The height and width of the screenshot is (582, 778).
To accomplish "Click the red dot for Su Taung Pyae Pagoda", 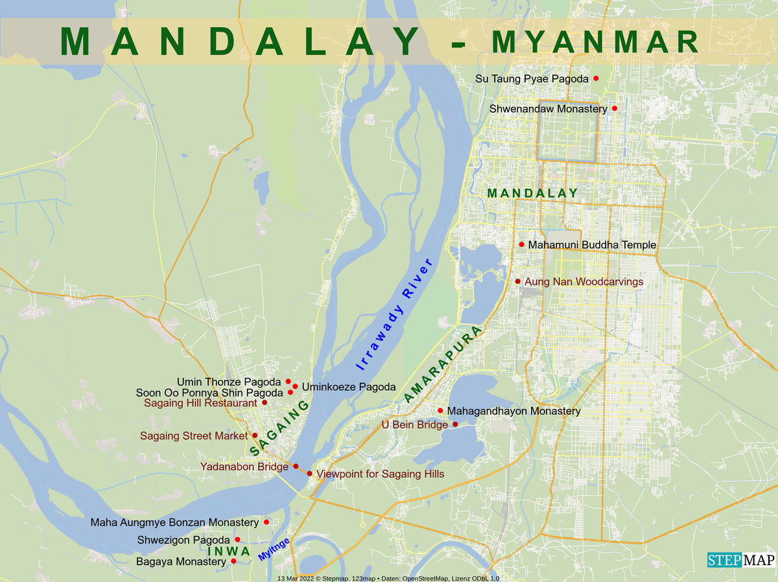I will (596, 78).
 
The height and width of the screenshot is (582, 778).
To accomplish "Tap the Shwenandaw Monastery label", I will (548, 109).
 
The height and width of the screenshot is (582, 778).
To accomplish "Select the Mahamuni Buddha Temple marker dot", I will (521, 244).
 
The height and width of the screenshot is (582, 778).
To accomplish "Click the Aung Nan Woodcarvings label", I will (583, 282).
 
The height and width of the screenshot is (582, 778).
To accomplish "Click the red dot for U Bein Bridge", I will (455, 425).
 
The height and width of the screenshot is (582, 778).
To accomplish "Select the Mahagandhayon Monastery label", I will (513, 412).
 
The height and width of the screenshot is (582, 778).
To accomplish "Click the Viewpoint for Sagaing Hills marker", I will (310, 474).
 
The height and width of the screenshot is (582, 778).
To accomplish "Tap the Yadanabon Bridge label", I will (244, 467).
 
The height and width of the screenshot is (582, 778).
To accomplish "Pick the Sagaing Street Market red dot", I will (255, 436).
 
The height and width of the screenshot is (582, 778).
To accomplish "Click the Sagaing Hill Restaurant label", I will (200, 403).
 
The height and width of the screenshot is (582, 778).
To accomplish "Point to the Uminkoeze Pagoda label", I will (348, 387).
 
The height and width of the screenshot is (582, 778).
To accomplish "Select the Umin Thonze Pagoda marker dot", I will (289, 381).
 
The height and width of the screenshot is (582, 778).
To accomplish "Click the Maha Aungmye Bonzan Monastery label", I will (174, 522).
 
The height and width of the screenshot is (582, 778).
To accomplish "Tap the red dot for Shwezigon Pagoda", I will (237, 539).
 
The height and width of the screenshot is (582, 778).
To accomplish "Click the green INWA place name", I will (229, 552).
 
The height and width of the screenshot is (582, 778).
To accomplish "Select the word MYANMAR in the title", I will (595, 41).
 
